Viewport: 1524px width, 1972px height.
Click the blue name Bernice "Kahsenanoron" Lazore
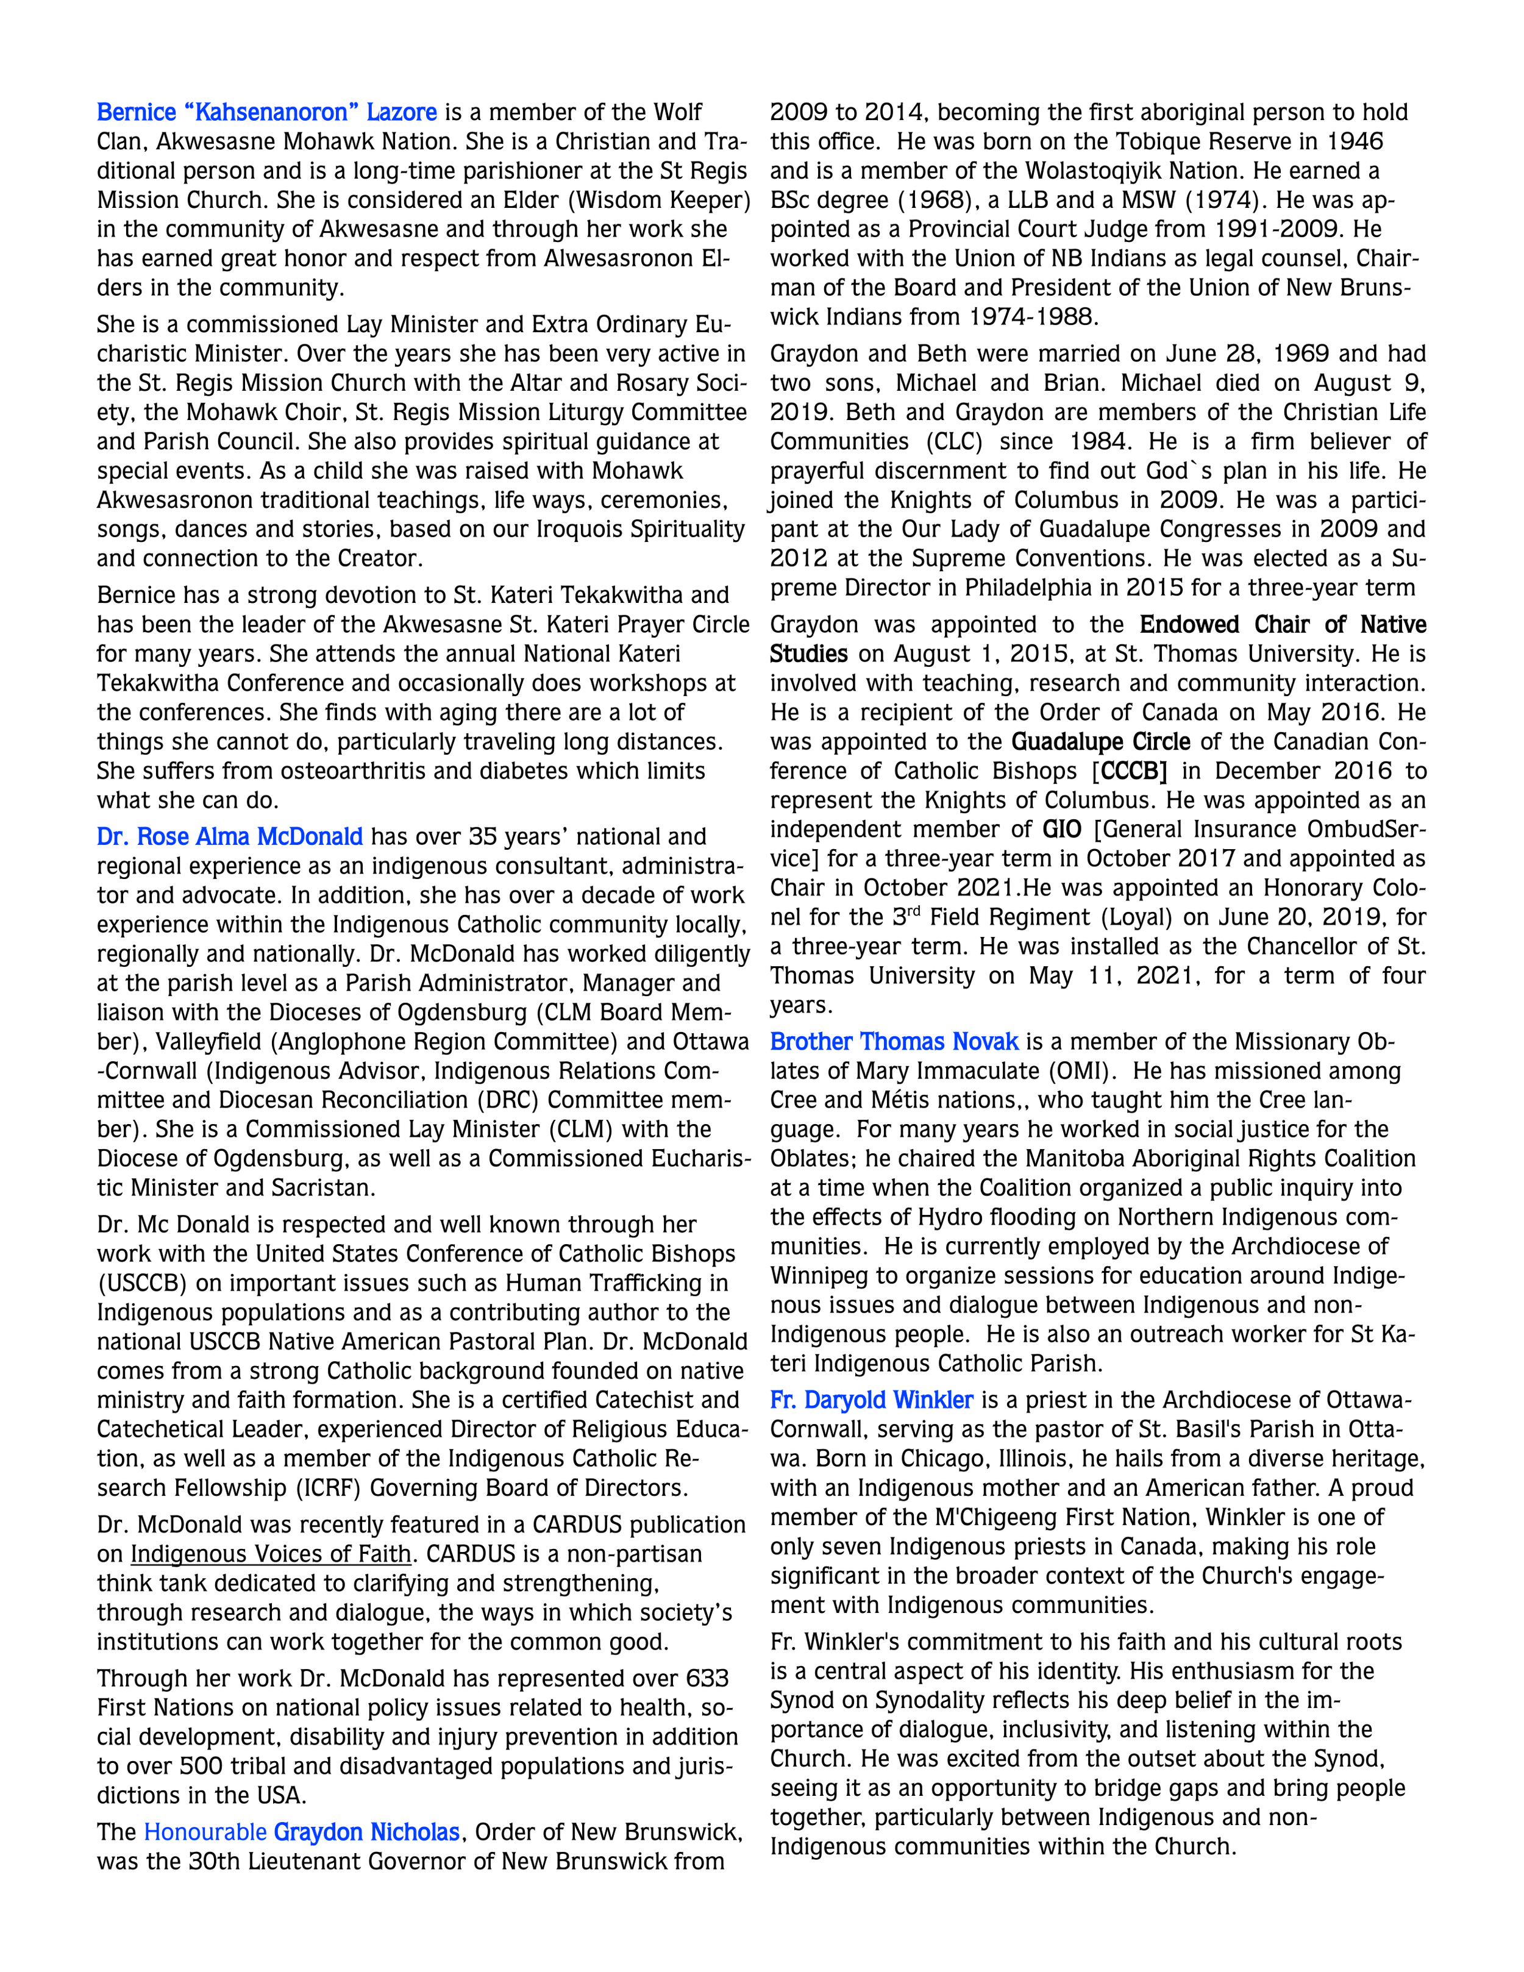tap(266, 113)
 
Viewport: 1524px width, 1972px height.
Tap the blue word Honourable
tap(205, 1832)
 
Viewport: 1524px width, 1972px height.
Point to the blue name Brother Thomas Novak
tap(894, 1042)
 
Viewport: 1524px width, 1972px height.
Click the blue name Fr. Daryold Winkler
tap(871, 1400)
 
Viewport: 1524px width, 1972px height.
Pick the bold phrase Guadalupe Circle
tap(1100, 742)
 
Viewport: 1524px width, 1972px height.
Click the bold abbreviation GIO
tap(1062, 830)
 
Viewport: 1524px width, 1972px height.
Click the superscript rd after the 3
tap(914, 912)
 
